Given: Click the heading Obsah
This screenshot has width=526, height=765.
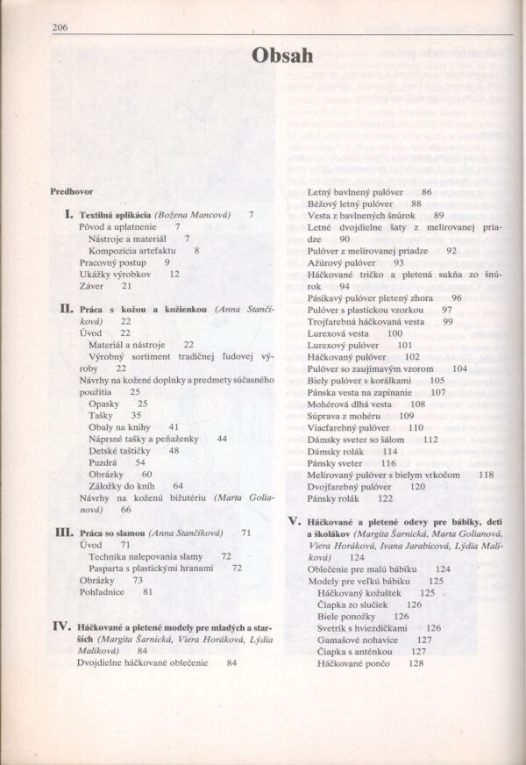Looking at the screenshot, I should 281,54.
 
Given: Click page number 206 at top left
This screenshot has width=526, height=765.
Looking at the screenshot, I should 60,27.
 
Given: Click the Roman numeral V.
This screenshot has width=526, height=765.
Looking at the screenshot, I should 295,521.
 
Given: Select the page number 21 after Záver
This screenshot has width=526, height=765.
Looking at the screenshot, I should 127,286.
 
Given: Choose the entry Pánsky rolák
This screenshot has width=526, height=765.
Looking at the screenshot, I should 335,498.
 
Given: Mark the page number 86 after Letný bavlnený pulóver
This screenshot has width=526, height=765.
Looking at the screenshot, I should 426,191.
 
